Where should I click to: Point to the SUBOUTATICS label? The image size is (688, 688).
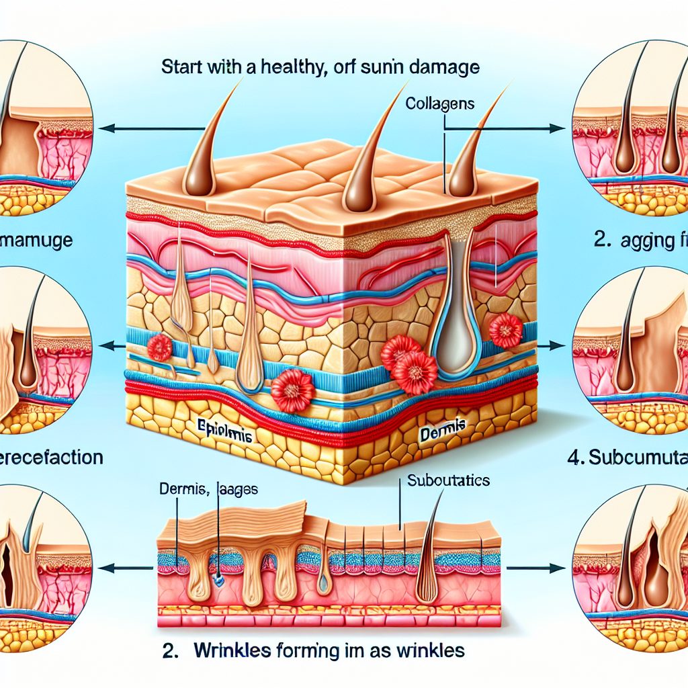(x=448, y=481)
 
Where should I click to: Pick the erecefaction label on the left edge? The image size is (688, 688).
(x=50, y=458)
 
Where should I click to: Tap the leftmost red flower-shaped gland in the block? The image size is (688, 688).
(x=160, y=348)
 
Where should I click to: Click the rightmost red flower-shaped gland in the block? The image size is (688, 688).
(x=506, y=330)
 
